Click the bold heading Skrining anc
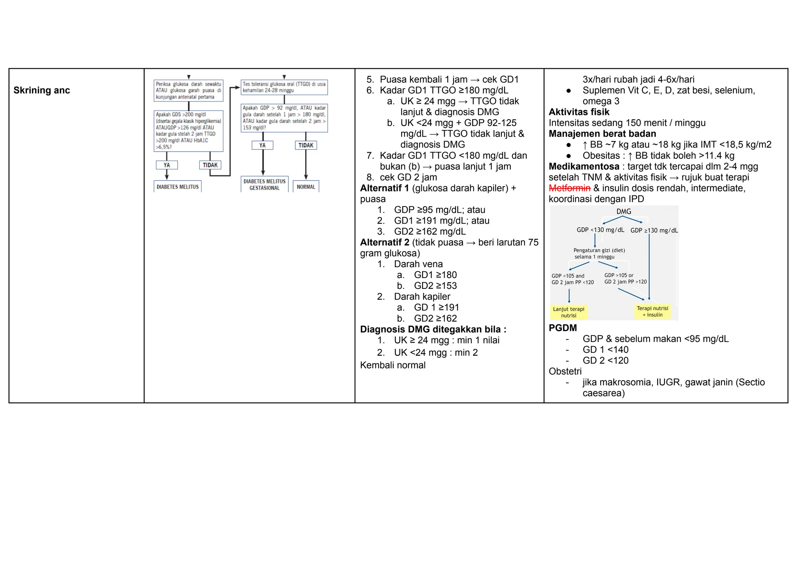[x=42, y=90]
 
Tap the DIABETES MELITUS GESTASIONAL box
[x=264, y=184]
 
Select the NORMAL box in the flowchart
[x=306, y=187]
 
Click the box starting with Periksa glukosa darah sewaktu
[x=189, y=90]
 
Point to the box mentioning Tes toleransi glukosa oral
[x=284, y=87]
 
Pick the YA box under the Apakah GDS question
[x=167, y=165]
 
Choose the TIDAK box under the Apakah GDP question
[x=306, y=145]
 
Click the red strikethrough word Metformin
[x=569, y=188]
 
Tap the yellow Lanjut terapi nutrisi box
[x=569, y=312]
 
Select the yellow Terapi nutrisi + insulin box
[x=653, y=311]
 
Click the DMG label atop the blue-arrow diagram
[x=624, y=212]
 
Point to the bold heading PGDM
[x=563, y=328]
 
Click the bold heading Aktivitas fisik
[x=579, y=112]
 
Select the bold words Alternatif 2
[x=384, y=243]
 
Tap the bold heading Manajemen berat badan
[x=602, y=134]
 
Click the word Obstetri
[x=565, y=372]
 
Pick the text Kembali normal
[x=393, y=365]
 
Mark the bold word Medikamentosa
[x=584, y=167]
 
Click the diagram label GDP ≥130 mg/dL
[x=654, y=230]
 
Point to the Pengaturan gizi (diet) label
[x=599, y=250]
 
